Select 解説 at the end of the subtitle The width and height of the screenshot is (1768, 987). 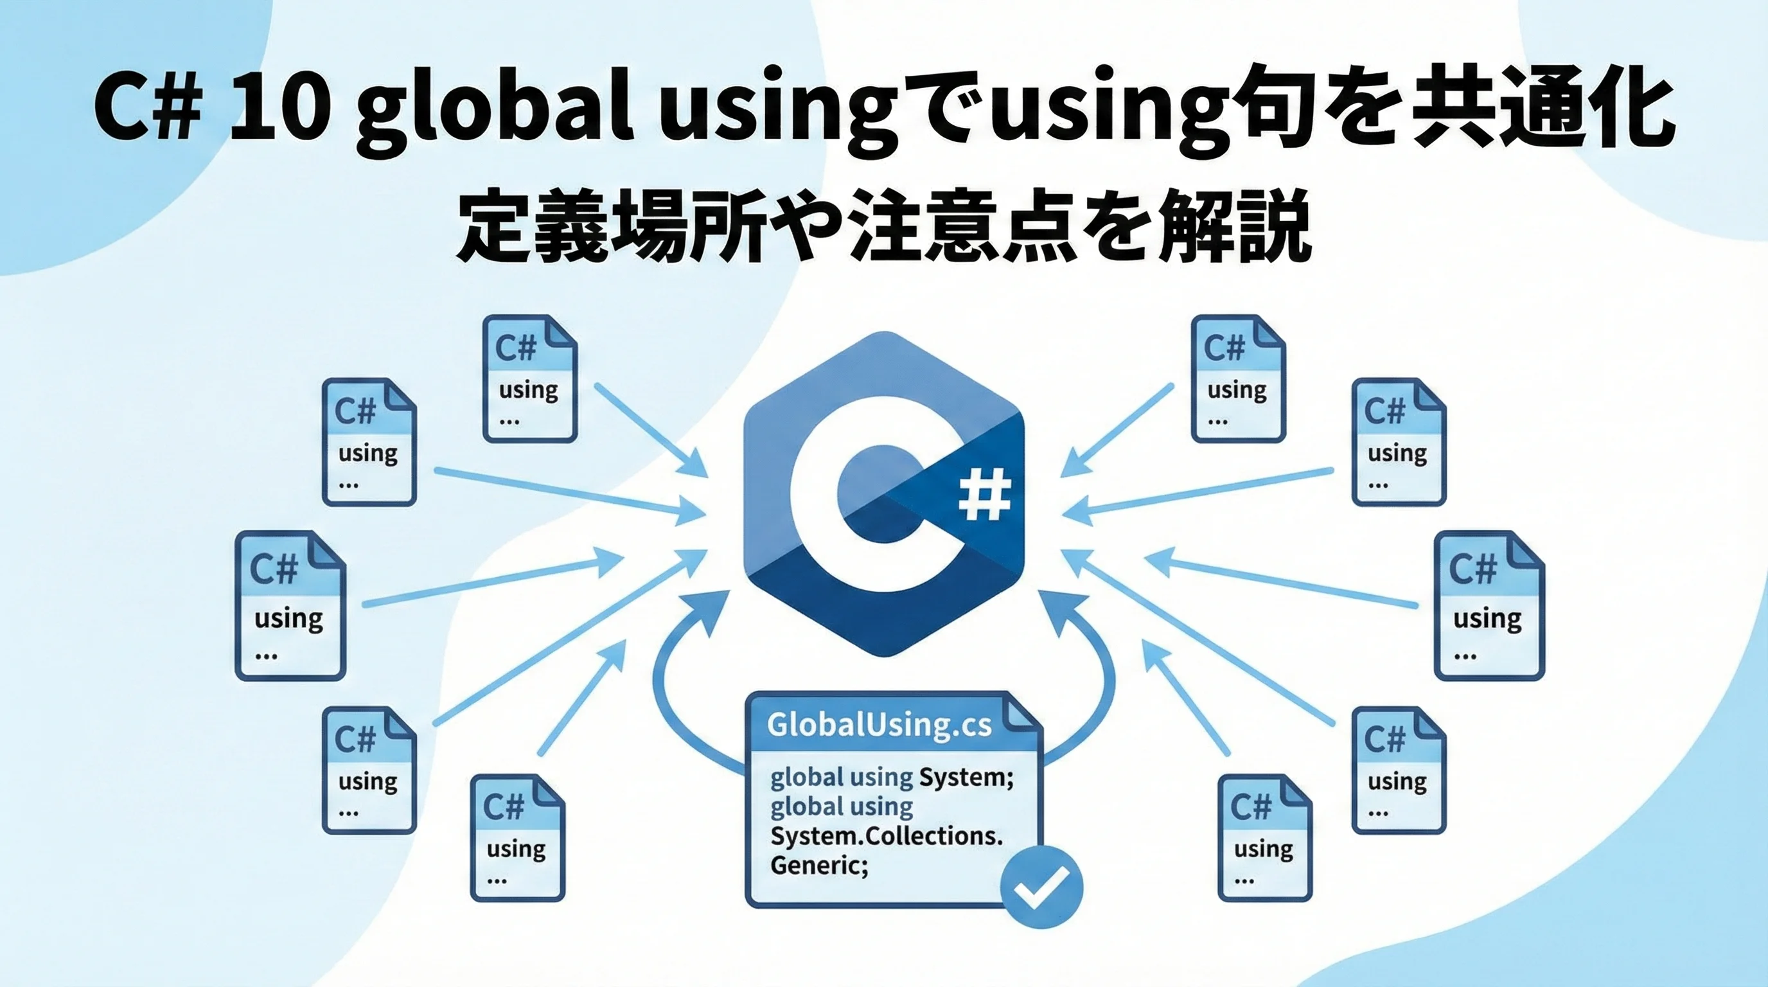(1235, 226)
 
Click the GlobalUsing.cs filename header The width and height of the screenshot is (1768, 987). (880, 725)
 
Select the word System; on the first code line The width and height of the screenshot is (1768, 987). (966, 778)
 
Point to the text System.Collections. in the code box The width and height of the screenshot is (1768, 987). (887, 836)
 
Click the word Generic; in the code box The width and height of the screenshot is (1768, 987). (820, 866)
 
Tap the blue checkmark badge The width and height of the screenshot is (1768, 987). (1041, 887)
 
